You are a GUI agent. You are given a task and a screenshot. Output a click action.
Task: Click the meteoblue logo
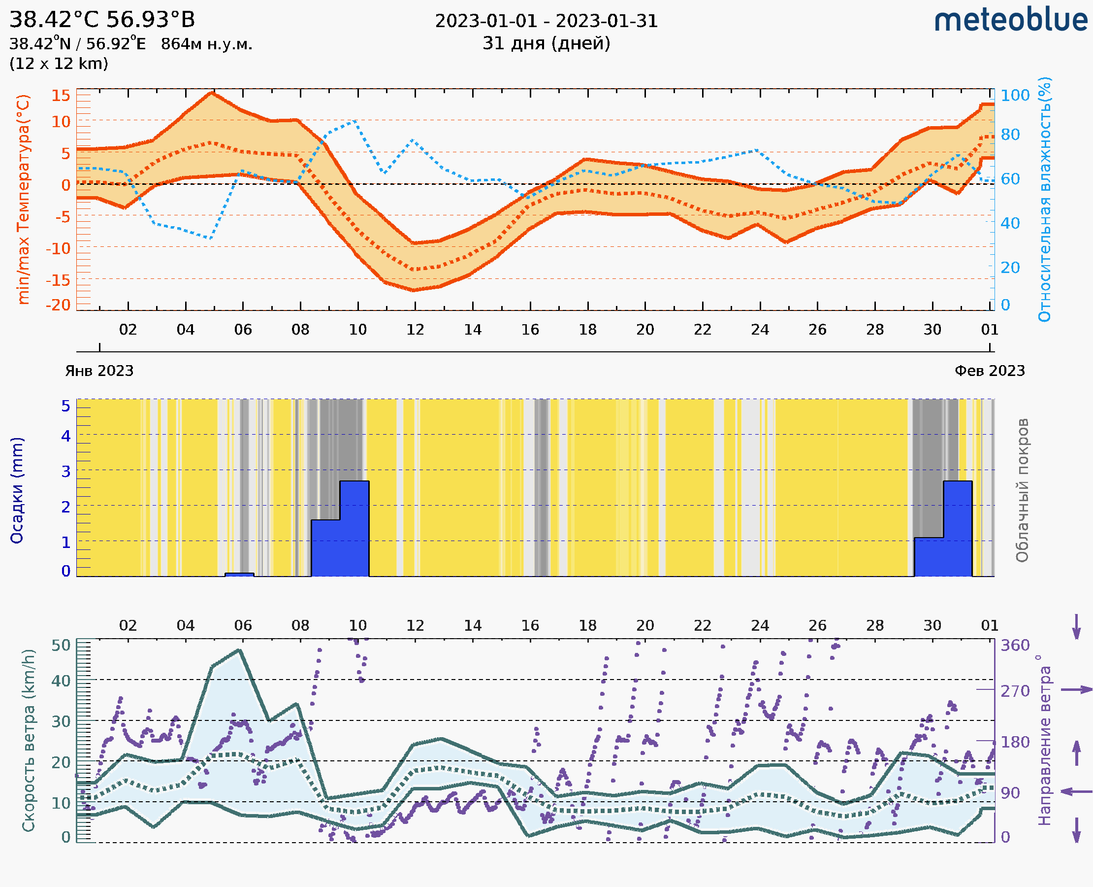click(x=1010, y=20)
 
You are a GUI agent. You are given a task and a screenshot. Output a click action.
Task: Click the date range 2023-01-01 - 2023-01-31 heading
click(x=546, y=21)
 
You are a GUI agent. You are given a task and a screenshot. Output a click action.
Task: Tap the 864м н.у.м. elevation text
click(x=206, y=44)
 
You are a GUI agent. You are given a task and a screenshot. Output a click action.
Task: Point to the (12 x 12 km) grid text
click(x=59, y=64)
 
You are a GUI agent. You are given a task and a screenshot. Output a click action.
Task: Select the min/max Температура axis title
click(x=23, y=199)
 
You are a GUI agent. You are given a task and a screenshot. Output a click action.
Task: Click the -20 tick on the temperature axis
click(x=58, y=305)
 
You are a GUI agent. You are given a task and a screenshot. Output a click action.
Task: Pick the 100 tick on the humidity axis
click(x=1015, y=96)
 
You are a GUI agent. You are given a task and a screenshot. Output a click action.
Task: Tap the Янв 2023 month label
click(x=99, y=371)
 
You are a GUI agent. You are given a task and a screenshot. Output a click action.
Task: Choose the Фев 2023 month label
click(x=990, y=371)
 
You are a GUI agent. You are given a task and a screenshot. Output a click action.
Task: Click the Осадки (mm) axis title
click(x=17, y=490)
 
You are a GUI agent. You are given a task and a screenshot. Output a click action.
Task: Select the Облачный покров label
click(x=1022, y=490)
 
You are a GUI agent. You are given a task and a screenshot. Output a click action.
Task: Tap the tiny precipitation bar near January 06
click(x=239, y=575)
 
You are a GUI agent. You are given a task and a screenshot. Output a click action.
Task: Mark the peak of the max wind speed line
click(x=239, y=650)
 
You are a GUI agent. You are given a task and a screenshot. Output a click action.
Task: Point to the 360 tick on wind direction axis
click(x=1015, y=646)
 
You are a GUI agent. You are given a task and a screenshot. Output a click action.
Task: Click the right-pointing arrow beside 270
click(x=1076, y=690)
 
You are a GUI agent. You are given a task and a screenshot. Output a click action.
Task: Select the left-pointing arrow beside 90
click(x=1076, y=792)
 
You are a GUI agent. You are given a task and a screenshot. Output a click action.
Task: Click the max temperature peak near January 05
click(x=212, y=93)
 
